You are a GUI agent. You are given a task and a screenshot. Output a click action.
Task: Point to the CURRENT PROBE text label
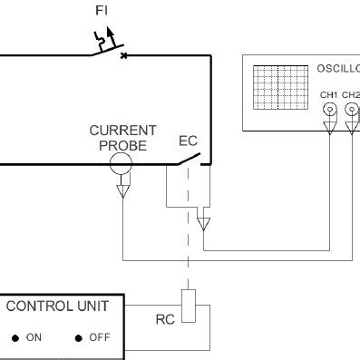(123, 137)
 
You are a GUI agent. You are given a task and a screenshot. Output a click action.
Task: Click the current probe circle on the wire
(120, 164)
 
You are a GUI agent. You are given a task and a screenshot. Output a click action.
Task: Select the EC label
(188, 142)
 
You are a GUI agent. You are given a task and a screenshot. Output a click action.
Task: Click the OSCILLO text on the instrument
(337, 68)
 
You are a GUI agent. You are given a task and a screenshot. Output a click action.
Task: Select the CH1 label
(329, 92)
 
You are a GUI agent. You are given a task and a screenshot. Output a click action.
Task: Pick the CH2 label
(351, 92)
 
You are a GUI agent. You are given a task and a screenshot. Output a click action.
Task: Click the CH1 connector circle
(329, 110)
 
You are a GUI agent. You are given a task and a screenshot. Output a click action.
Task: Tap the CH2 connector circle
(352, 110)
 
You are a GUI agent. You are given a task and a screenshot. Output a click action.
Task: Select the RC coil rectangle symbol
(188, 306)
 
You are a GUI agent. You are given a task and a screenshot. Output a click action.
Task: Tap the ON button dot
(15, 338)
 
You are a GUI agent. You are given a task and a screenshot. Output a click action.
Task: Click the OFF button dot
(79, 338)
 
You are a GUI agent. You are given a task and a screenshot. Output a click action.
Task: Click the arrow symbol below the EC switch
(203, 221)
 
